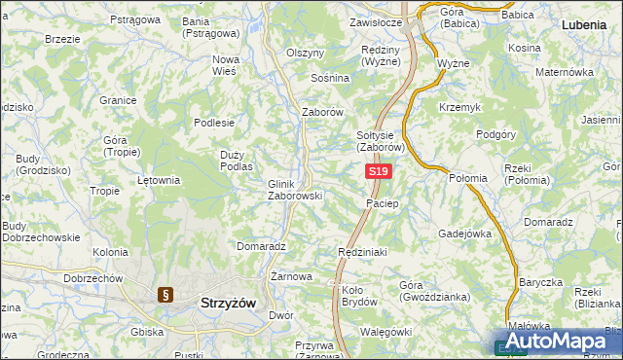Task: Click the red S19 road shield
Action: click(379, 171)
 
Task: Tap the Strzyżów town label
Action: click(227, 303)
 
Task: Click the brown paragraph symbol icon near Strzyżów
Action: click(165, 295)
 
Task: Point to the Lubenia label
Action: click(585, 22)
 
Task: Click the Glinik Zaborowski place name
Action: click(294, 189)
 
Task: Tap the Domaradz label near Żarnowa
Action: click(260, 247)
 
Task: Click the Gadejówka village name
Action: click(465, 234)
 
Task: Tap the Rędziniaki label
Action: click(362, 252)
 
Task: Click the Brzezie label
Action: click(62, 39)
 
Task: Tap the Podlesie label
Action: click(214, 123)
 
